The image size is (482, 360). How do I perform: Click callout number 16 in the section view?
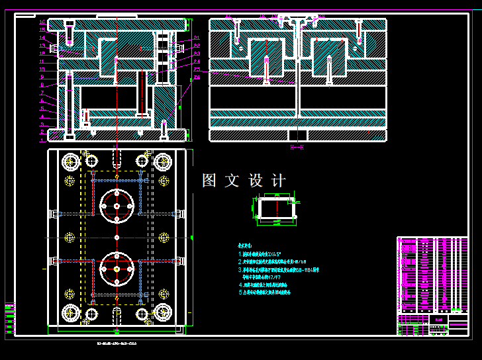point(42,21)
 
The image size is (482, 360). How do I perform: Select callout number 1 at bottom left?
point(42,140)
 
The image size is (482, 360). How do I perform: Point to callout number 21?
point(197,37)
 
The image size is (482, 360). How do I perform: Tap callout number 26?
point(197,77)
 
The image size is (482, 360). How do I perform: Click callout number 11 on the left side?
point(42,69)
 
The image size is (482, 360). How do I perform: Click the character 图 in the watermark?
point(209,181)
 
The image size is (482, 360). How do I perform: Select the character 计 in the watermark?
point(279,181)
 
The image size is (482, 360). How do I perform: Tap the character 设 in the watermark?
point(256,181)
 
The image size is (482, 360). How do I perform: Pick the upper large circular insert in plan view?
point(117,206)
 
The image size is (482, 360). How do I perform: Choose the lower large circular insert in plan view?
point(117,270)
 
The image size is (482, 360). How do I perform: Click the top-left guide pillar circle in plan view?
point(70,161)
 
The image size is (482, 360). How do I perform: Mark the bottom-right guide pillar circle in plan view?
point(163,313)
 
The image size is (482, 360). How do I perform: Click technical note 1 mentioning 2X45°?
point(262,253)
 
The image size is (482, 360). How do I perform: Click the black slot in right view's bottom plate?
point(298,135)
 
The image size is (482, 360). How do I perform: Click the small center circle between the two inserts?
point(117,238)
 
